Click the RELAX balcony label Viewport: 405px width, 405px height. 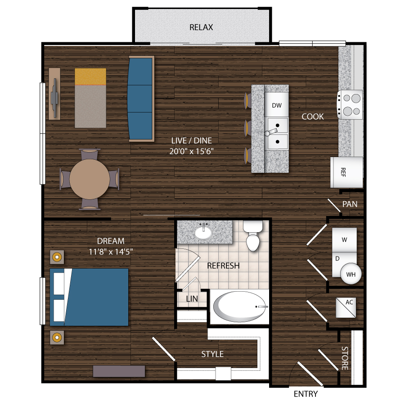pos(201,27)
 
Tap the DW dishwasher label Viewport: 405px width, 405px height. pos(277,105)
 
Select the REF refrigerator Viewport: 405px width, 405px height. pos(346,172)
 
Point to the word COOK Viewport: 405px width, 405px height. pos(312,117)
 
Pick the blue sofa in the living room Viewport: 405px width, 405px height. pos(141,98)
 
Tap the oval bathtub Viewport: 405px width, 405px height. pos(239,307)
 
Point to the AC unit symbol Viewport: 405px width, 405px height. pos(345,308)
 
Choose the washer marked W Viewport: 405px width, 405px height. pos(344,240)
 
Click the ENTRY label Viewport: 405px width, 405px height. pos(306,394)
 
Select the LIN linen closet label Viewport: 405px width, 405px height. pos(192,298)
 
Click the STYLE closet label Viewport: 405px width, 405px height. pos(212,354)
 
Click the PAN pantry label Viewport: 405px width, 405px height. pos(350,204)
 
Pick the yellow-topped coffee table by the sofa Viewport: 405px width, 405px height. pos(90,98)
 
